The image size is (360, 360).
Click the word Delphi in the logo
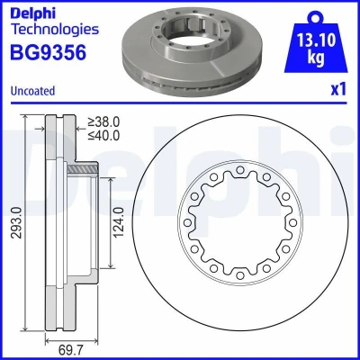[x=33, y=13]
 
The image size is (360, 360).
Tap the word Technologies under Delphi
[x=55, y=30]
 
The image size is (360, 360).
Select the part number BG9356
[x=49, y=52]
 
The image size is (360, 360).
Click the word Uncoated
[x=32, y=91]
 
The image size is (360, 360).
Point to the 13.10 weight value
[x=316, y=40]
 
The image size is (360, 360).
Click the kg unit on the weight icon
[x=316, y=58]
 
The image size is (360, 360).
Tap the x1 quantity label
[x=338, y=89]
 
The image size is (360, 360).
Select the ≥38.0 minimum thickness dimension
[x=103, y=122]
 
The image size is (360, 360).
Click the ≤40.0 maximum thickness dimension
[x=103, y=135]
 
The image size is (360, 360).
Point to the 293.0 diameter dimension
[x=17, y=222]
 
